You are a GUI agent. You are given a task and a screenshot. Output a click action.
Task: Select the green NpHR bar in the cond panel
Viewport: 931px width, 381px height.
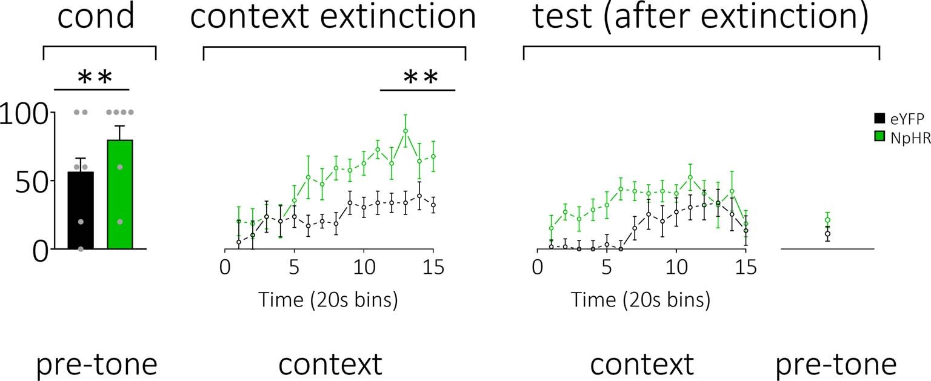pyautogui.click(x=119, y=194)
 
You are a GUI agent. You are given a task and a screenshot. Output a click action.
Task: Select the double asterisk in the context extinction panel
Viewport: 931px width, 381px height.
pyautogui.click(x=420, y=78)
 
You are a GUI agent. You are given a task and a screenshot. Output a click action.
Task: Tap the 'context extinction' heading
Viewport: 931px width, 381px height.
pyautogui.click(x=333, y=18)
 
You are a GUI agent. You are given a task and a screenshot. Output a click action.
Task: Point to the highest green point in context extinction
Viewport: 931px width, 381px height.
pyautogui.click(x=405, y=131)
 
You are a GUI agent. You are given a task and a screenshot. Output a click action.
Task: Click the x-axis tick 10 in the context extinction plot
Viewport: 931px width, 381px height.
pyautogui.click(x=364, y=267)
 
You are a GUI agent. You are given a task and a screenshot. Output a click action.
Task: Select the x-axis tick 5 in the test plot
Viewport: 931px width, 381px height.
pyautogui.click(x=606, y=267)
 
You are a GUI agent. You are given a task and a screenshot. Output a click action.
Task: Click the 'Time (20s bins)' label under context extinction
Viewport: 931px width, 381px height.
pyautogui.click(x=328, y=300)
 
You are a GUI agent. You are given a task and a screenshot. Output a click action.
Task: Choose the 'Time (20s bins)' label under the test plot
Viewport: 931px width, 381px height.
pyautogui.click(x=640, y=300)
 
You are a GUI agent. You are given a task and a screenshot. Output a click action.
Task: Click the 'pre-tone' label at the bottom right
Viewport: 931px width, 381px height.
pyautogui.click(x=836, y=365)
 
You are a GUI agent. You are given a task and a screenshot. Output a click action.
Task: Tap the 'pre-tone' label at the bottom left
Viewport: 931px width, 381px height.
pyautogui.click(x=97, y=365)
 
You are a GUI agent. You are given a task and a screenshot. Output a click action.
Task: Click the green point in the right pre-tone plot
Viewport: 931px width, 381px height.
pyautogui.click(x=827, y=220)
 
